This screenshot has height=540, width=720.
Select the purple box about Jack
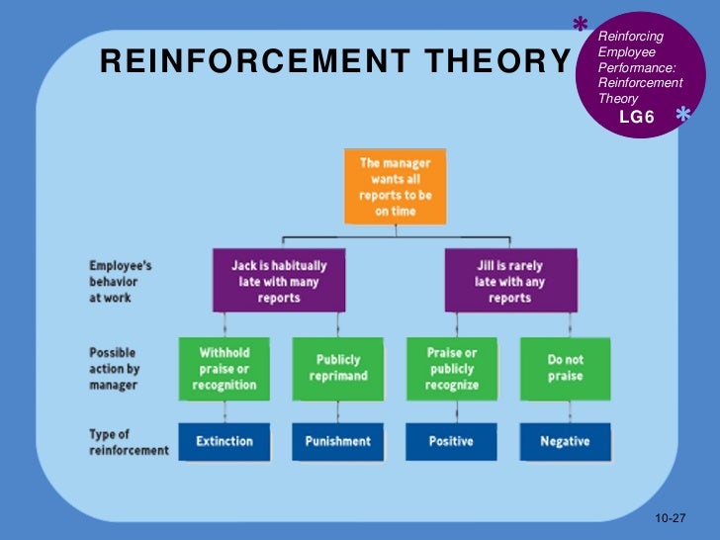(x=279, y=281)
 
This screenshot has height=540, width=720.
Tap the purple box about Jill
(x=509, y=281)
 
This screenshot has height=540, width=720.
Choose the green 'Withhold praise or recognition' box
(x=225, y=369)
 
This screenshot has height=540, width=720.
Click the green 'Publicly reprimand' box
(x=337, y=369)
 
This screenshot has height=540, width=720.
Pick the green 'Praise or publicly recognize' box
(x=452, y=369)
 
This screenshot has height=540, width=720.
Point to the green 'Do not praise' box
(x=565, y=369)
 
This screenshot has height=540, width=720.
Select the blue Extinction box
(x=225, y=441)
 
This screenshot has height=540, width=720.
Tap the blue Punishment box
(x=337, y=441)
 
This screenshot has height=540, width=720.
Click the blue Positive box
(x=452, y=441)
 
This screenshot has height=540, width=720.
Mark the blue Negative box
(x=565, y=441)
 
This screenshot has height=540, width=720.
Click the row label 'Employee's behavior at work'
(x=121, y=281)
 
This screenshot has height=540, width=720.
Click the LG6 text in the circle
(x=636, y=117)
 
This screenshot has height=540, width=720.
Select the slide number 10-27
(x=671, y=519)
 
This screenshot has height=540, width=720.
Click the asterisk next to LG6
(x=682, y=117)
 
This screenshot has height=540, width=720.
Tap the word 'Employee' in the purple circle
(x=620, y=51)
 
